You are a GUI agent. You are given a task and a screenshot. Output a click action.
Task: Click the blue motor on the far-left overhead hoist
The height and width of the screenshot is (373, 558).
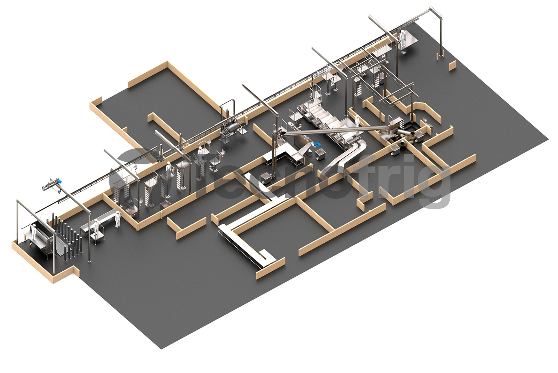pos(59,180)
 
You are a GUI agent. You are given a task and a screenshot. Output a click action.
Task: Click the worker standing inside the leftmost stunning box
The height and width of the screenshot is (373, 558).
pos(33,232)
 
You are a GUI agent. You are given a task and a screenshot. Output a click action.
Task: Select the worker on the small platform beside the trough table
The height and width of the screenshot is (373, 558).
pos(96,228)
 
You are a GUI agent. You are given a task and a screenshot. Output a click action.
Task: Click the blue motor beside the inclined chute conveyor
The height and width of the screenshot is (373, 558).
pos(317,144)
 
